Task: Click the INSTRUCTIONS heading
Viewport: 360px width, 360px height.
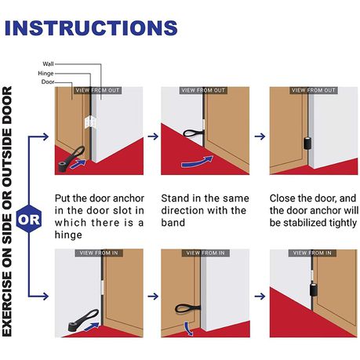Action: coord(91,27)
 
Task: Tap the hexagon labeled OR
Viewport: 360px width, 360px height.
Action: coord(29,219)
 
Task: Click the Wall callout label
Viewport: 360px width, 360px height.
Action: coord(48,64)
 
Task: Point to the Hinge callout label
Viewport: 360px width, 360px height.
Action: coord(45,74)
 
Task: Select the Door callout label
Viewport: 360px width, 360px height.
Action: coord(48,82)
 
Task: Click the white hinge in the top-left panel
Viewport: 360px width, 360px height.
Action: coord(90,122)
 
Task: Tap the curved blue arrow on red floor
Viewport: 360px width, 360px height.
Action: coord(198,162)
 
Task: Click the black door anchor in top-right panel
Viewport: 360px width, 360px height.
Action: coord(308,143)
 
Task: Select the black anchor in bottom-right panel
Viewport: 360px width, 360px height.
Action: coord(314,289)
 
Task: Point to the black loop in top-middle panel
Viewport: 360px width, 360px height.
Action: coord(193,133)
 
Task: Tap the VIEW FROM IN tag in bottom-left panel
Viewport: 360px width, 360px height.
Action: coord(99,253)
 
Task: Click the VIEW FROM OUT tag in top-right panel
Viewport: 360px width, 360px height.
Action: coord(314,90)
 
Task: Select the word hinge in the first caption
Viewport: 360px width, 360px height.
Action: coord(68,235)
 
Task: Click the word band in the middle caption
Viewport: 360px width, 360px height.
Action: coord(173,223)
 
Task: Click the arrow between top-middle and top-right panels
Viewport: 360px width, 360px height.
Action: coord(260,136)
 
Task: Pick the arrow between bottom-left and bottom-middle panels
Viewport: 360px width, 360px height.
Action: coord(153,296)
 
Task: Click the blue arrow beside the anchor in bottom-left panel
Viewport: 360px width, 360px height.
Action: coord(92,326)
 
